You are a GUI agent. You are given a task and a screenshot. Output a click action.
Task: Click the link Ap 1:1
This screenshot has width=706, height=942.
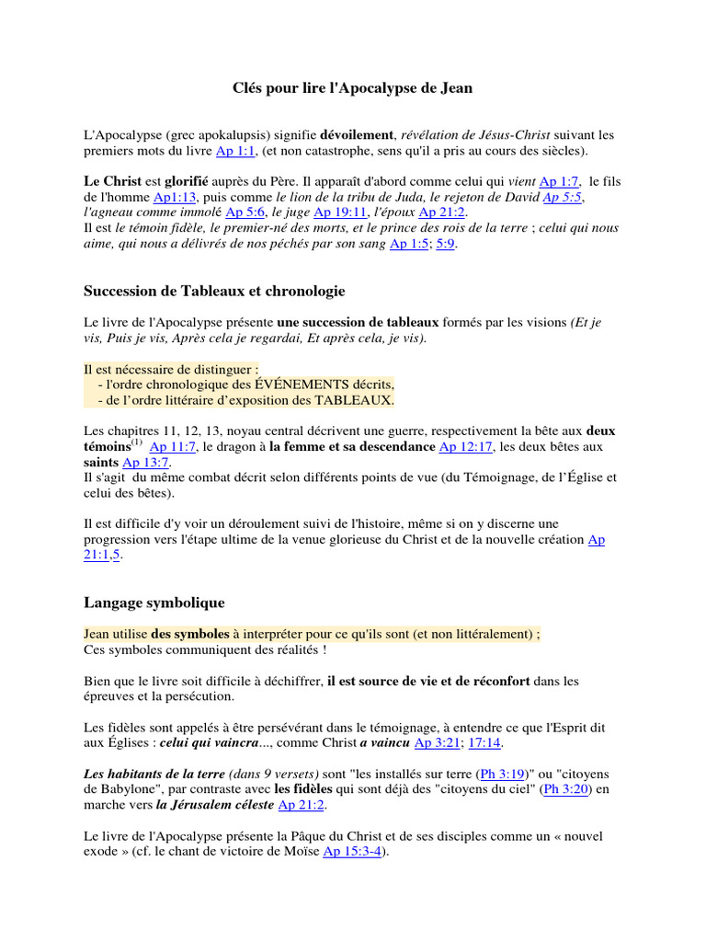click(234, 151)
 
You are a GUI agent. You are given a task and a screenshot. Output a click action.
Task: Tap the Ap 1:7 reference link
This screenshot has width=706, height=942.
click(560, 182)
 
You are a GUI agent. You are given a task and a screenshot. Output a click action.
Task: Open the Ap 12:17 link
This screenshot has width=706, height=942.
click(467, 446)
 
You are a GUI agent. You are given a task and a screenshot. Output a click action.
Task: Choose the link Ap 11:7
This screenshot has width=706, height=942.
click(173, 446)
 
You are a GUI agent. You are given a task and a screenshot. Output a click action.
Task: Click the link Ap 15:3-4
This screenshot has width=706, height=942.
click(353, 852)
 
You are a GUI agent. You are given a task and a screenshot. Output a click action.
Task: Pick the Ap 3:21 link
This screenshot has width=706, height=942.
click(438, 742)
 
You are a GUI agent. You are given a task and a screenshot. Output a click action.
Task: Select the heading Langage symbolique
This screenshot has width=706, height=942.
click(154, 603)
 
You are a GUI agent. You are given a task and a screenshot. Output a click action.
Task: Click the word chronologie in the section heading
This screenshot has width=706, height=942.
click(303, 291)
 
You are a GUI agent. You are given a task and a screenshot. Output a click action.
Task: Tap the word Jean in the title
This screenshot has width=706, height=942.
click(456, 88)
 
